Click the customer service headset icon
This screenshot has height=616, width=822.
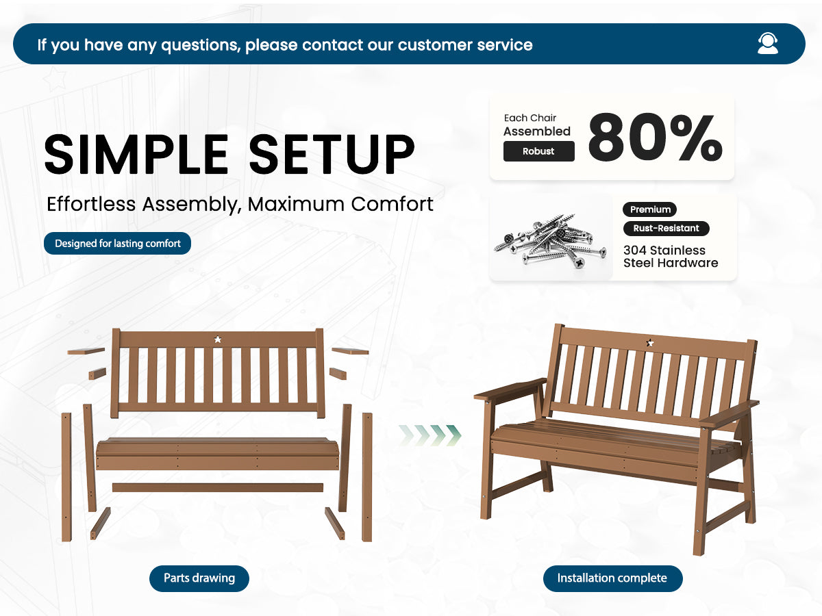point(767,44)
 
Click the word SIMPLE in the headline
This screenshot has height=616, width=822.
point(136,154)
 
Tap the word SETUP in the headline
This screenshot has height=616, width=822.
point(332,154)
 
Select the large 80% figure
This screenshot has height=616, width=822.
point(656,137)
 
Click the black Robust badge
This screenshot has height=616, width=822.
point(538,151)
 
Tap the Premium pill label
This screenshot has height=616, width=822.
point(650,209)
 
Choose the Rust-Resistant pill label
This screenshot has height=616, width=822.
point(667,228)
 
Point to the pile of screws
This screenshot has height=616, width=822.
point(550,240)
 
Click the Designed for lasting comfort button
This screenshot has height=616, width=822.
point(117,244)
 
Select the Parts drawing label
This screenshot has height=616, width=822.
point(199,578)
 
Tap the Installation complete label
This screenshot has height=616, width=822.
point(612,578)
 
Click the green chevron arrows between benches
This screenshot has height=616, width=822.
point(430,435)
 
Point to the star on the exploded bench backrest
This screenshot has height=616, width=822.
point(218,339)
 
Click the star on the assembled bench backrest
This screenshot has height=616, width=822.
point(650,342)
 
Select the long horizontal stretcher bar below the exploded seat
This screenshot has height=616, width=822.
point(218,487)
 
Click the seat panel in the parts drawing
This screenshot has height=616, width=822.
point(218,453)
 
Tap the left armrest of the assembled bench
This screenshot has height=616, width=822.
point(510,388)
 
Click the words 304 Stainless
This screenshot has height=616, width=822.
point(664,251)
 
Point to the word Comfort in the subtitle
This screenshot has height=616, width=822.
point(392,204)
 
